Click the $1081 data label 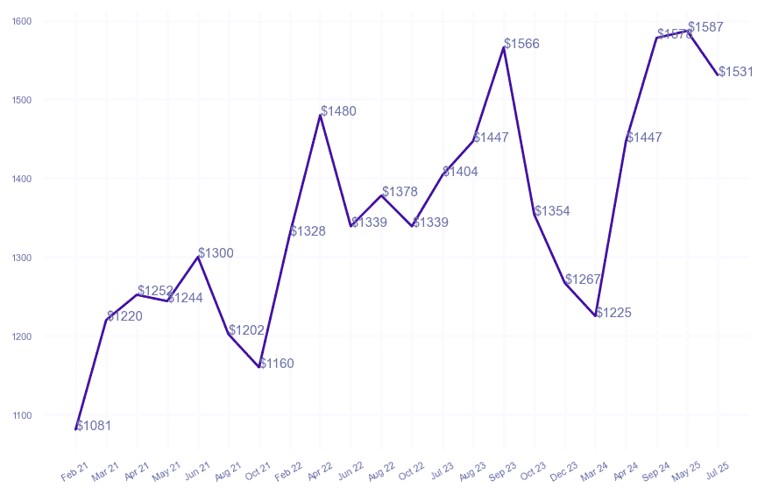click(x=94, y=426)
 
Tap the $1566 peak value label click(x=521, y=44)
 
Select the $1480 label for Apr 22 click(x=338, y=111)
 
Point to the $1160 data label click(x=277, y=364)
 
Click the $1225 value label click(x=613, y=313)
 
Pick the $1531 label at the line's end click(x=736, y=72)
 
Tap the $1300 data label click(x=216, y=253)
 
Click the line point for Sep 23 click(x=504, y=47)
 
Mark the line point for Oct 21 click(x=259, y=367)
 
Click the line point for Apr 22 click(x=321, y=115)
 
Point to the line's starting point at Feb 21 click(x=76, y=429)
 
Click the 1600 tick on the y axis click(x=22, y=21)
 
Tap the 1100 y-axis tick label click(x=22, y=415)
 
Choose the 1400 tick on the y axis click(x=22, y=179)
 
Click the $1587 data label click(x=706, y=27)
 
